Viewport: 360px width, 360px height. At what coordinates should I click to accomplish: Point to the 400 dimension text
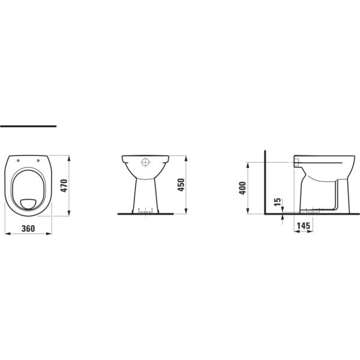[243, 187]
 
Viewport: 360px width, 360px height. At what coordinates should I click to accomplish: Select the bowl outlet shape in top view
[29, 202]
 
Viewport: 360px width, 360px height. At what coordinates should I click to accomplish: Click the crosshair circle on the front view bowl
[145, 162]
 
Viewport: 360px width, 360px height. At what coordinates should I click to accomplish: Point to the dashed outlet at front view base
[145, 211]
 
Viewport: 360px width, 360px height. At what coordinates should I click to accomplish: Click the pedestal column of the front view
[145, 192]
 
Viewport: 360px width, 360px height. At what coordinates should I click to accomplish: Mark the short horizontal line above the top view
[28, 127]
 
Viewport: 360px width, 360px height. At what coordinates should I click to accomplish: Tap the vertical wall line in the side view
[264, 180]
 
